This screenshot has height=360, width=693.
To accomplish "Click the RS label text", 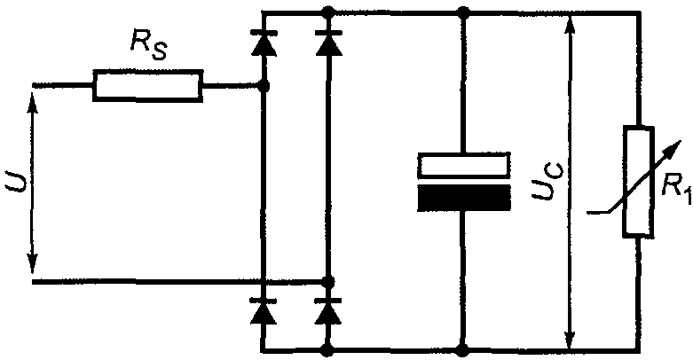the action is pyautogui.click(x=148, y=46).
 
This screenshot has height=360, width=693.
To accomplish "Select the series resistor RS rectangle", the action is pyautogui.click(x=148, y=86).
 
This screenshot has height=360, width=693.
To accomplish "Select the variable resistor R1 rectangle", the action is pyautogui.click(x=639, y=182).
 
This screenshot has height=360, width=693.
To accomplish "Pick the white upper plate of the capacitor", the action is pyautogui.click(x=464, y=166).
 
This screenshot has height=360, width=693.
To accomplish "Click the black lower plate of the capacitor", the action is pyautogui.click(x=464, y=198).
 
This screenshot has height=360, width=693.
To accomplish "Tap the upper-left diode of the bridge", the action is pyautogui.click(x=264, y=43).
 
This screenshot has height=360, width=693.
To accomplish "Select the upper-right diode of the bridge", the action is pyautogui.click(x=329, y=43).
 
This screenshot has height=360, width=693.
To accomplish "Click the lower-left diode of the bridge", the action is pyautogui.click(x=264, y=311).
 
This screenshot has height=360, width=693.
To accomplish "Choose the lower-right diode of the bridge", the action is pyautogui.click(x=327, y=311).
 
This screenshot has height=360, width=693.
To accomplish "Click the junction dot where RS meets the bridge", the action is pyautogui.click(x=264, y=86).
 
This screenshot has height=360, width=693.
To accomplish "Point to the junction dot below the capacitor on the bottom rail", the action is pyautogui.click(x=462, y=350).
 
